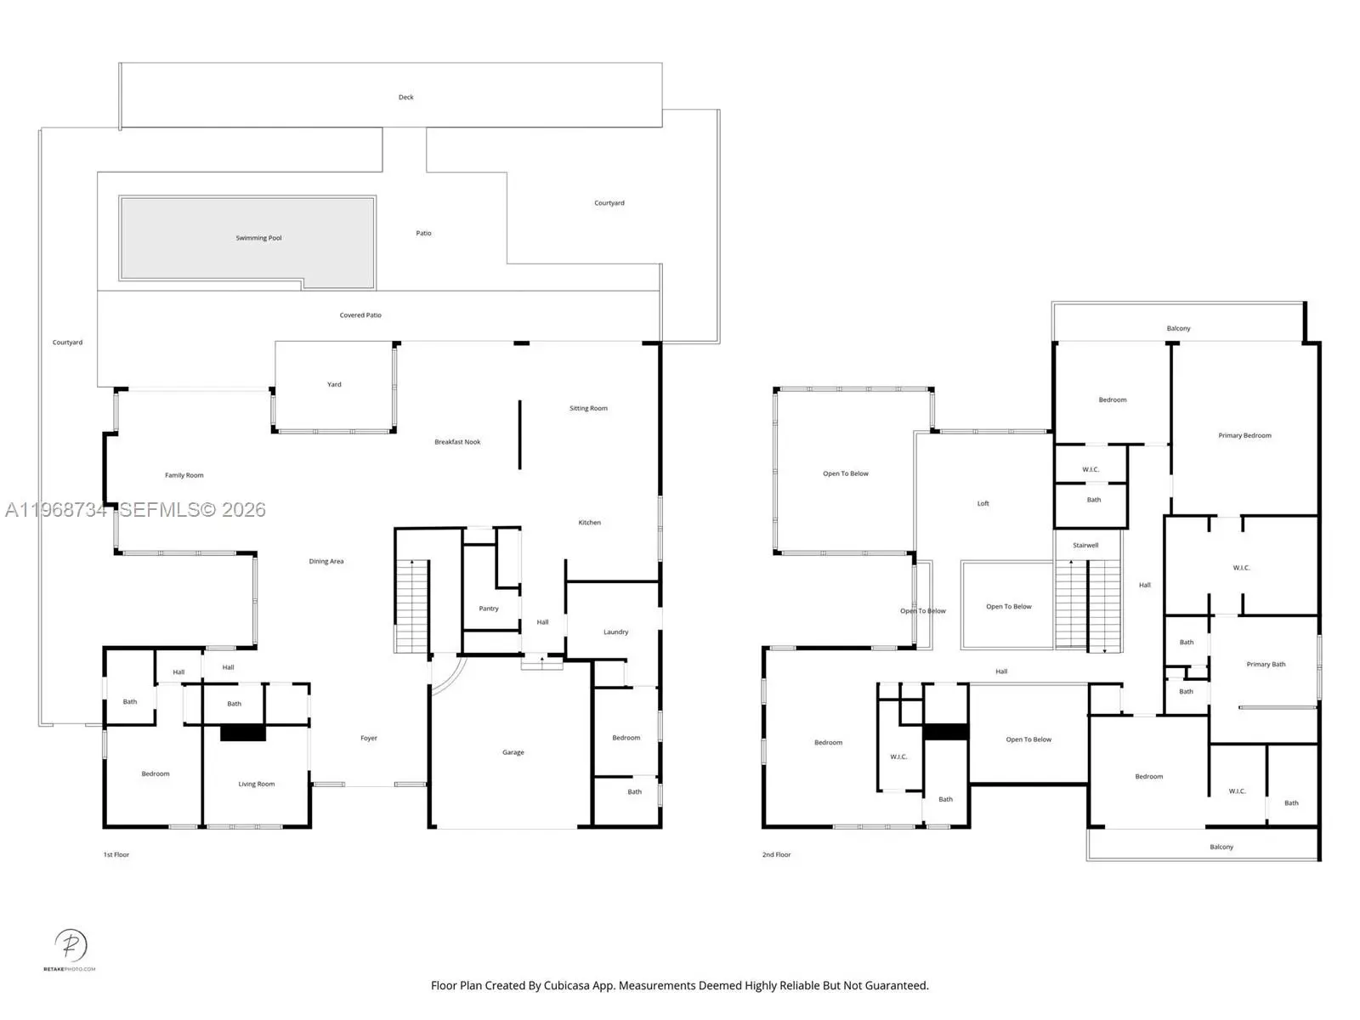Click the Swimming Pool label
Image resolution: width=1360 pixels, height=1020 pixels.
click(x=258, y=238)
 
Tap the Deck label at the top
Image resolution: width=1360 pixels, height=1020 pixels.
click(x=405, y=97)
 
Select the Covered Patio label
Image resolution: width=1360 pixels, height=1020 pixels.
click(x=360, y=315)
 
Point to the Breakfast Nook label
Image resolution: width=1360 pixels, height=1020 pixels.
click(x=457, y=442)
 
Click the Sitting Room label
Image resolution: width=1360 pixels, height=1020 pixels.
click(x=588, y=409)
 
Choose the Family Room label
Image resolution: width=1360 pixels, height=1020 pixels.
click(x=184, y=476)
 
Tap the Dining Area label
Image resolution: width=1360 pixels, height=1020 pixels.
click(x=326, y=562)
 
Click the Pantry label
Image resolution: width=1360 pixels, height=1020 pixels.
click(x=489, y=609)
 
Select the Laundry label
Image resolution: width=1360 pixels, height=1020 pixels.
click(x=616, y=632)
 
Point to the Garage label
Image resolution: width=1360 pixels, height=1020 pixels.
click(x=513, y=752)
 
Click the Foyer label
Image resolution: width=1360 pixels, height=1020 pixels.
click(x=369, y=738)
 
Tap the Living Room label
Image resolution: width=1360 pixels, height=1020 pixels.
click(x=257, y=784)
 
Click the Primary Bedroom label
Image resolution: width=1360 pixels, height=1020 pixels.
click(x=1244, y=436)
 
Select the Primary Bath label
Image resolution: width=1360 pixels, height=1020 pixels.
click(x=1266, y=665)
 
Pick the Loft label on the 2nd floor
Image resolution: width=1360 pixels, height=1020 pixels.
click(x=983, y=503)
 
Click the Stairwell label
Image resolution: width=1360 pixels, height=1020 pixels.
click(x=1085, y=546)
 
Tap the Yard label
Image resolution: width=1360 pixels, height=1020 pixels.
click(x=334, y=384)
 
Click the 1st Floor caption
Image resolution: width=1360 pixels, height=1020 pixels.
click(x=116, y=854)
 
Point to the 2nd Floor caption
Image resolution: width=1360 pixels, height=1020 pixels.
click(x=776, y=854)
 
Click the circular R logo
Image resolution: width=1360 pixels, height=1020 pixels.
click(x=71, y=945)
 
